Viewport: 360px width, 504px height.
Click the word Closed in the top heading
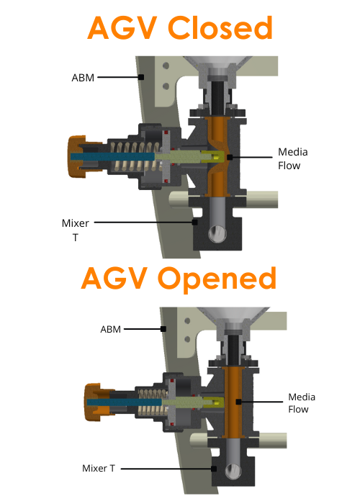(220, 27)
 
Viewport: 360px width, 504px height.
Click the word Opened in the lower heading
(217, 279)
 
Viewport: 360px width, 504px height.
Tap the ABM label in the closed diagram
(83, 78)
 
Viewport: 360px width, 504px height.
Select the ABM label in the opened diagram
(111, 329)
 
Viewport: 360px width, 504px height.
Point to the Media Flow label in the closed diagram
(293, 159)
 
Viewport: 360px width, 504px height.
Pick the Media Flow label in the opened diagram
(302, 403)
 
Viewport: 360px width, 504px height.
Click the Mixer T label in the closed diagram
(76, 230)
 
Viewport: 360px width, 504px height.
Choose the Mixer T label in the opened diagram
(99, 468)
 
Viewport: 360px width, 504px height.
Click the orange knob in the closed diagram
(77, 156)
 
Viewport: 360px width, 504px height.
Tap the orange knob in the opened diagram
(93, 402)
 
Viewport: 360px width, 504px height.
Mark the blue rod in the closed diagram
(112, 156)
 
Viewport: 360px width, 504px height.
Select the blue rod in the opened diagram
(124, 402)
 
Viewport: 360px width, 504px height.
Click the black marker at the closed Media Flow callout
(230, 157)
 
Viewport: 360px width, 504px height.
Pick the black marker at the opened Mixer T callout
(214, 469)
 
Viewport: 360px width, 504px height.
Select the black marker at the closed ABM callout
(141, 77)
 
